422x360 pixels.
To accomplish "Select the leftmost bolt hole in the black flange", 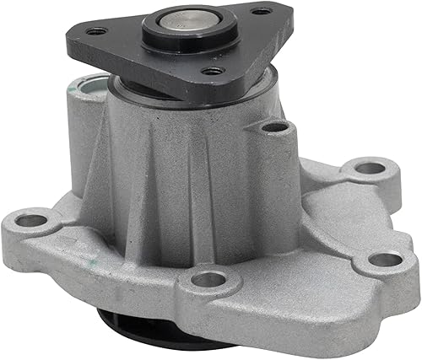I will (97, 31).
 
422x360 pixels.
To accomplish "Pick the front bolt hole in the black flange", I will (212, 71).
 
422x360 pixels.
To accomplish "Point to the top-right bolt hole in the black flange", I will (262, 11).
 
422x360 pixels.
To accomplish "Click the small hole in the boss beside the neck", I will (274, 128).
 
